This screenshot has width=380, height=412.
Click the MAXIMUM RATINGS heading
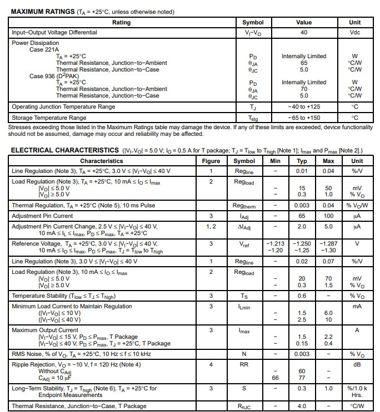(43, 12)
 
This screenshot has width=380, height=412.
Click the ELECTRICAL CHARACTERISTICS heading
(64, 150)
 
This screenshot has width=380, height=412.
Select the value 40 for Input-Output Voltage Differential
(304, 33)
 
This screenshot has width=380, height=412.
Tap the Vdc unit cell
(354, 33)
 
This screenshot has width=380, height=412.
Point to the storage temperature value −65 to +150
(304, 118)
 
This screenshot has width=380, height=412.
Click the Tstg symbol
(253, 118)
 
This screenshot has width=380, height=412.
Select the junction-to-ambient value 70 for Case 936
(304, 89)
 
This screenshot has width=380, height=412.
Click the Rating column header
(122, 23)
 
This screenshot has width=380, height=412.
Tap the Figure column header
(211, 161)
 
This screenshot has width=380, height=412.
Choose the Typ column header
(302, 161)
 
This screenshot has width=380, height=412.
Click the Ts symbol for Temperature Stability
(244, 296)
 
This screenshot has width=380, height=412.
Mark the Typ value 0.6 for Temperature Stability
(302, 296)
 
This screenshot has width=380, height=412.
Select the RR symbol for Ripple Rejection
(244, 365)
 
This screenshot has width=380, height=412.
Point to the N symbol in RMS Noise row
(244, 354)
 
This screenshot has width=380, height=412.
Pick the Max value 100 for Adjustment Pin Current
(328, 216)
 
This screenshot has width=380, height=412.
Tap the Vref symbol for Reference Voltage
(244, 244)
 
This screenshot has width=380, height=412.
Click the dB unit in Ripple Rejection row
(357, 365)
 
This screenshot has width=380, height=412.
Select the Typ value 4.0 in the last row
(302, 406)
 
